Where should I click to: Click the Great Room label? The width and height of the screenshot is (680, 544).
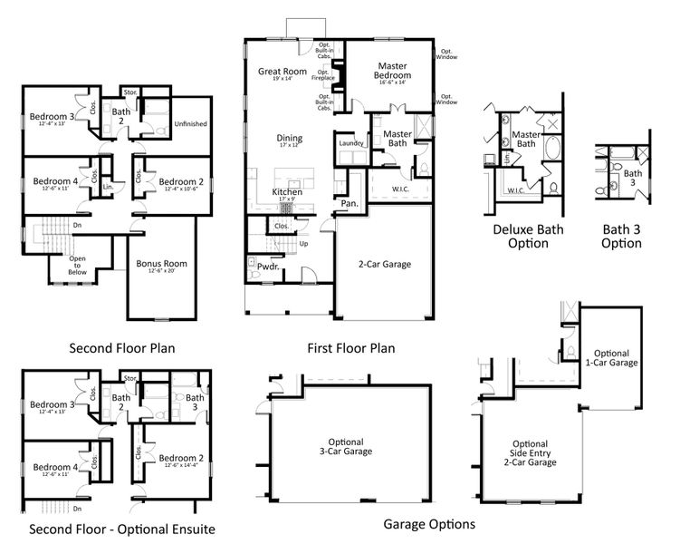pos(281,72)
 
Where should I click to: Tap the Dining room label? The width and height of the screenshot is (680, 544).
pos(290,139)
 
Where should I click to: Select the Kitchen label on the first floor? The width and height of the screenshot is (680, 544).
pos(288,194)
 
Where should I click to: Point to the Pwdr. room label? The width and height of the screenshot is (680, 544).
pos(269,268)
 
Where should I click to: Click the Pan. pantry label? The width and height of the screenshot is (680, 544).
pos(349,204)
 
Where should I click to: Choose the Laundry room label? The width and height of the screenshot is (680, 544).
pos(350,143)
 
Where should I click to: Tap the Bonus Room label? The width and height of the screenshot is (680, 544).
pos(161,265)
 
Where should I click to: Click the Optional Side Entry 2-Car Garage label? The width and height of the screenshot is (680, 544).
pos(529,451)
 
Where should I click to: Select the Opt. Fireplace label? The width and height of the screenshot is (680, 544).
pos(323,75)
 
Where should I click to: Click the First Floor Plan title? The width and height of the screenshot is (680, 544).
pos(351,347)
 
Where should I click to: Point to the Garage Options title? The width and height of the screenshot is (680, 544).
pos(429,524)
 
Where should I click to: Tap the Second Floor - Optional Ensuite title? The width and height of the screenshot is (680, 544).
pos(122,529)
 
